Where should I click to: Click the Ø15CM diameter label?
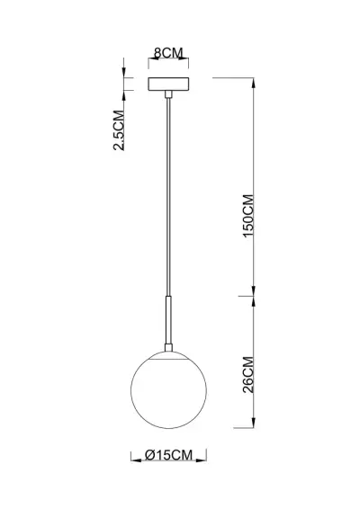[169, 457]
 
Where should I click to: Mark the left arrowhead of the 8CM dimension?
[150, 62]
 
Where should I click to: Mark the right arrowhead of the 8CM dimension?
[186, 62]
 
